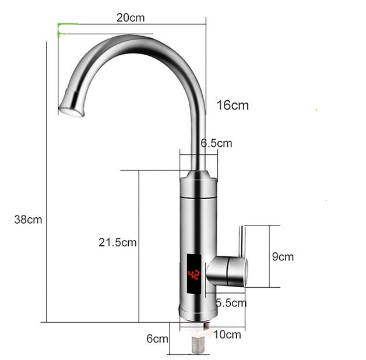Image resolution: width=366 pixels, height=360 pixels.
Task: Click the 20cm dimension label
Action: click(x=130, y=17)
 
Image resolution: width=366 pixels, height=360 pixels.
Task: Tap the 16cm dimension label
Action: click(x=233, y=105)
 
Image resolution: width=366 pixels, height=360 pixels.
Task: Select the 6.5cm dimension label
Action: click(x=216, y=143)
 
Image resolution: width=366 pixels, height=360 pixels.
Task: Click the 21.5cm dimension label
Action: click(x=117, y=242)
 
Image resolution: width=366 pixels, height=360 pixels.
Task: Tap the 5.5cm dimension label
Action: click(x=231, y=303)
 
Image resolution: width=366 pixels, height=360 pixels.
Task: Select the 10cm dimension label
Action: click(x=228, y=334)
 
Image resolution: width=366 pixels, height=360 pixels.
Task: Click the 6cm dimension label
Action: click(x=157, y=338)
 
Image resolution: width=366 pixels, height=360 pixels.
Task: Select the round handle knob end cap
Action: click(x=244, y=273)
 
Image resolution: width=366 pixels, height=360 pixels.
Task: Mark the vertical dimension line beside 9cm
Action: click(x=270, y=256)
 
